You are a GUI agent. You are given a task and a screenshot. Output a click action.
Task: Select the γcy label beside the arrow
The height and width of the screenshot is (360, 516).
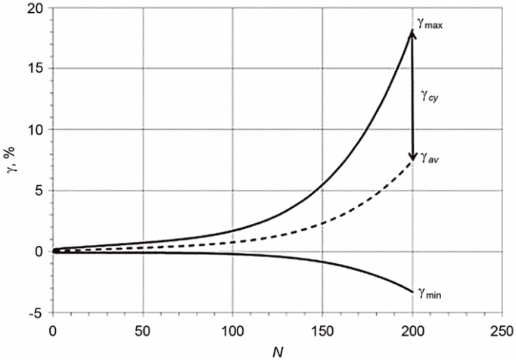coord(429,97)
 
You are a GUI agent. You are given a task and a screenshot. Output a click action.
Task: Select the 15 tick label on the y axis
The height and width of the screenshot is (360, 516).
coord(36,69)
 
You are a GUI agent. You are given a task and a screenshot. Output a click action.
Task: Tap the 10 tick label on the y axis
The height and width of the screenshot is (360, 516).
coord(36,130)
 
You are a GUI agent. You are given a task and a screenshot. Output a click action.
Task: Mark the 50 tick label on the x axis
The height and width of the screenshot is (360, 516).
coord(142,331)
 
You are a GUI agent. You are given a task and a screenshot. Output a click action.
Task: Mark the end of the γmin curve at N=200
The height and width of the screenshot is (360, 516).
coord(412,292)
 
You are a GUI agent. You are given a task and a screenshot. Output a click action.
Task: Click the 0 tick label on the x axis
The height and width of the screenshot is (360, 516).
coord(52,331)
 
